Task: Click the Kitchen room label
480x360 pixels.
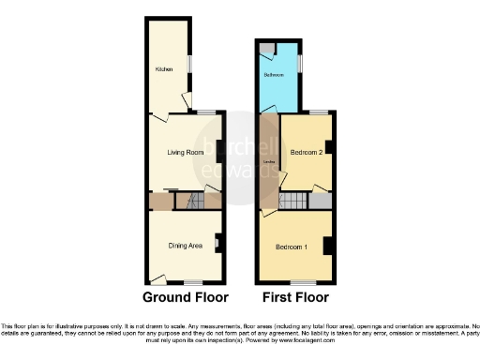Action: pyautogui.click(x=162, y=68)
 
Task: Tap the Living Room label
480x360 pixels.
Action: pyautogui.click(x=186, y=152)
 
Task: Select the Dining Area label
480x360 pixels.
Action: pyautogui.click(x=186, y=246)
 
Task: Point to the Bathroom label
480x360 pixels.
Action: pyautogui.click(x=274, y=74)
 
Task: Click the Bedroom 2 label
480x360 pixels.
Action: pyautogui.click(x=307, y=151)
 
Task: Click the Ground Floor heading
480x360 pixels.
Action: pyautogui.click(x=186, y=298)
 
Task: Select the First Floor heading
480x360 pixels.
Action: pyautogui.click(x=294, y=298)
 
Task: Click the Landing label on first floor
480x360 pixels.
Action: pyautogui.click(x=269, y=161)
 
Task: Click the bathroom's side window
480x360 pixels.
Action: pyautogui.click(x=300, y=63)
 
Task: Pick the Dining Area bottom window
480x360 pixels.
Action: pyautogui.click(x=192, y=283)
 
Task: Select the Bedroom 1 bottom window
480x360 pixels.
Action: pyautogui.click(x=302, y=283)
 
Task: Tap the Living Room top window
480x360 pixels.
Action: pyautogui.click(x=205, y=113)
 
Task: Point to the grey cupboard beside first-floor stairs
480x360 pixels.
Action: pyautogui.click(x=322, y=201)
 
